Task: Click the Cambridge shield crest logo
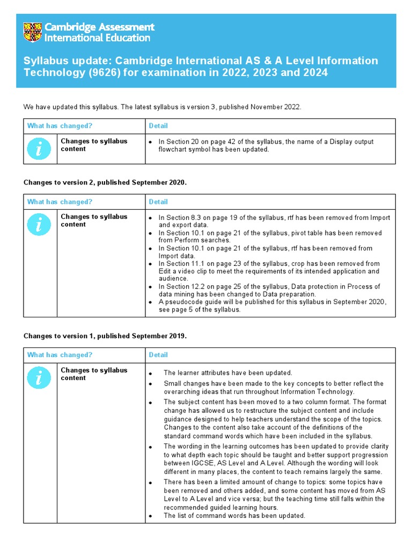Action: pos(33,32)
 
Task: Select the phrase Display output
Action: pos(351,142)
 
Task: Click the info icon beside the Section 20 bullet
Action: pos(40,149)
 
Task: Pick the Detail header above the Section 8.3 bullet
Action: pos(158,202)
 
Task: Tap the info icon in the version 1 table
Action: pos(40,378)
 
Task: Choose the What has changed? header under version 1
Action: pos(60,355)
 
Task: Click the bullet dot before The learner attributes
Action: pos(151,374)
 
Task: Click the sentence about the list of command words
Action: pos(234,516)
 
